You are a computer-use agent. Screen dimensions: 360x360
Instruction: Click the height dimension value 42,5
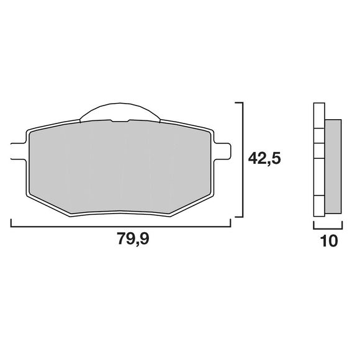[x=264, y=158]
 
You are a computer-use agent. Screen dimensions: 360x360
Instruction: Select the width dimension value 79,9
[x=133, y=239]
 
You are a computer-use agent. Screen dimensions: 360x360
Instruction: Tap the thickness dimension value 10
[x=330, y=241]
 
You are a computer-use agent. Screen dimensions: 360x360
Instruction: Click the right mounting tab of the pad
[x=222, y=151]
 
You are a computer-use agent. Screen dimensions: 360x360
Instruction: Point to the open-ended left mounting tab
[x=19, y=151]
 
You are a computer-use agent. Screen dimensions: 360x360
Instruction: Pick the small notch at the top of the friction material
[x=120, y=121]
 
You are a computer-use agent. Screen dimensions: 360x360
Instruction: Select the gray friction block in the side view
[x=333, y=166]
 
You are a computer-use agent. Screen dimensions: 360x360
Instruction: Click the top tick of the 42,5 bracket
[x=239, y=103]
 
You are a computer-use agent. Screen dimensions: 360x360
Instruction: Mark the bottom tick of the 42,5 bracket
[x=239, y=217]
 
